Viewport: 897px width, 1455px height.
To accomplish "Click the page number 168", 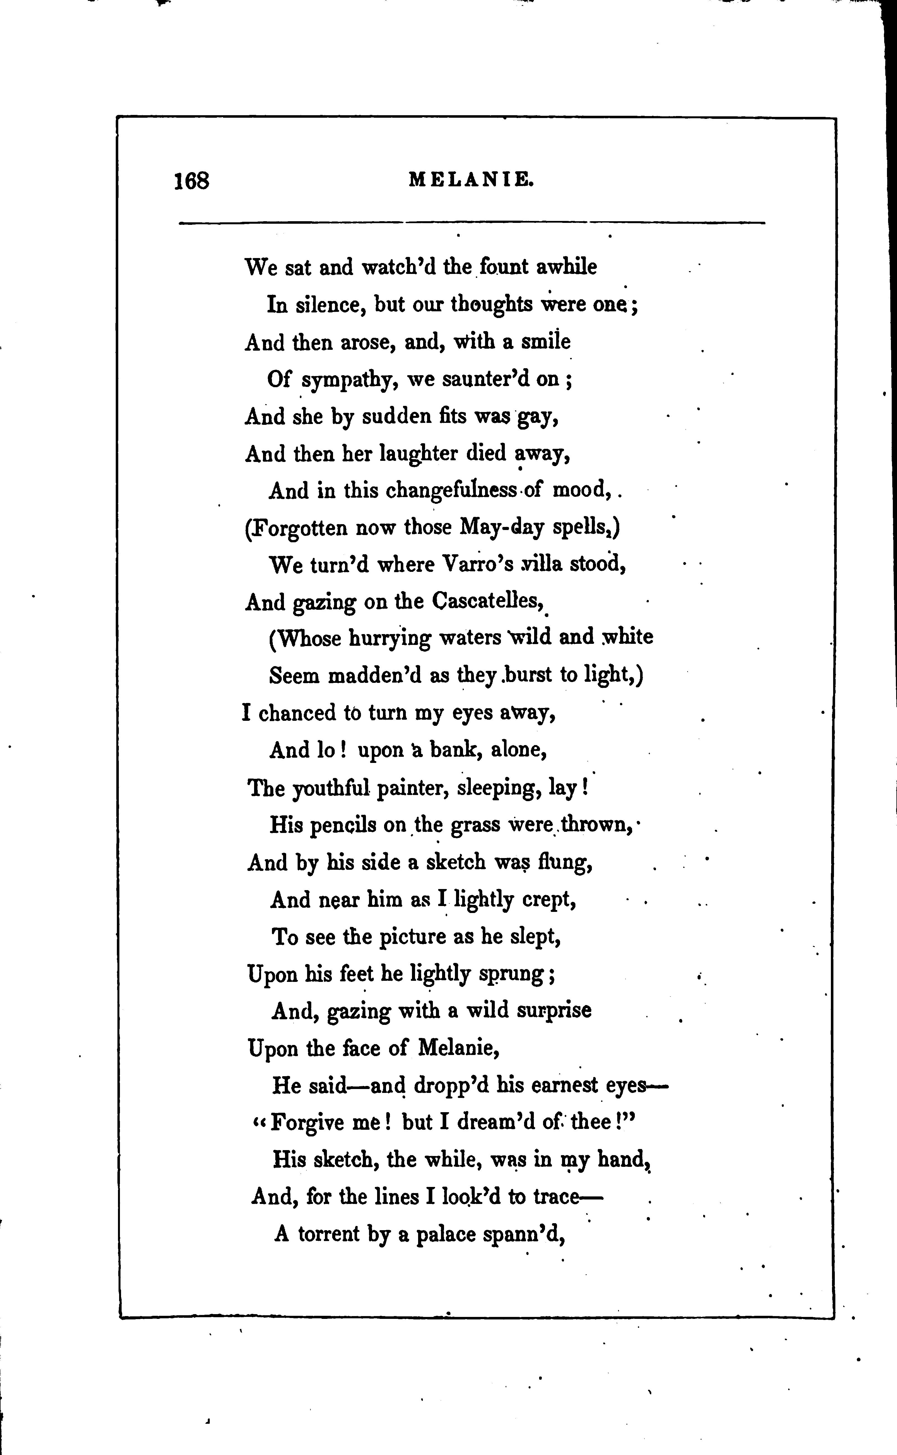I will (192, 180).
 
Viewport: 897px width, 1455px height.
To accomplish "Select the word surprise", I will (554, 1011).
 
